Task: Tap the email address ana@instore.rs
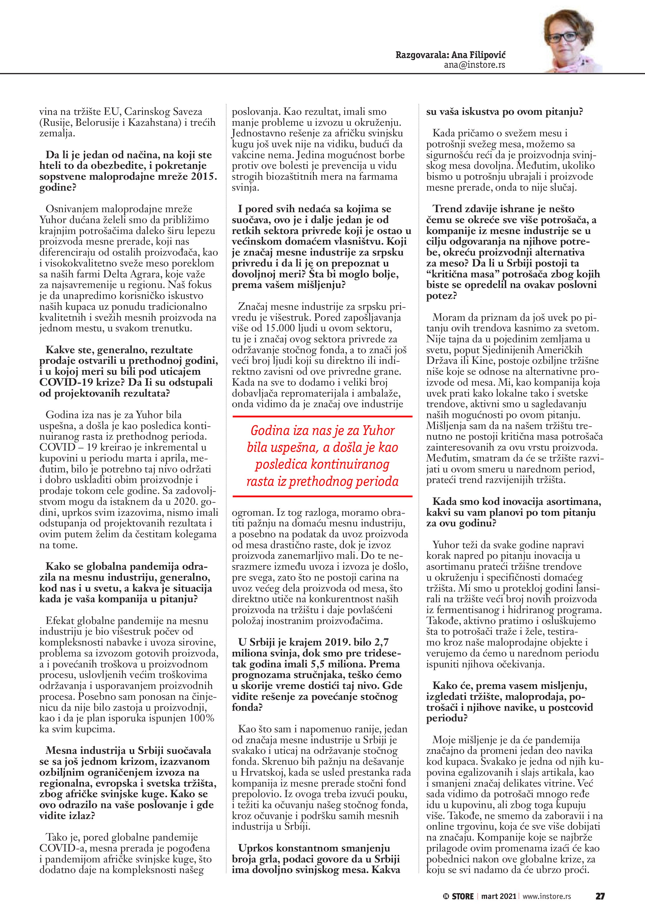point(474,65)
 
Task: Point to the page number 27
point(600,896)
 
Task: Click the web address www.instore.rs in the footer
point(546,896)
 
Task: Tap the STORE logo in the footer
point(458,896)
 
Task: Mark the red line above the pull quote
point(322,416)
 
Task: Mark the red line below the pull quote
point(322,496)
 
